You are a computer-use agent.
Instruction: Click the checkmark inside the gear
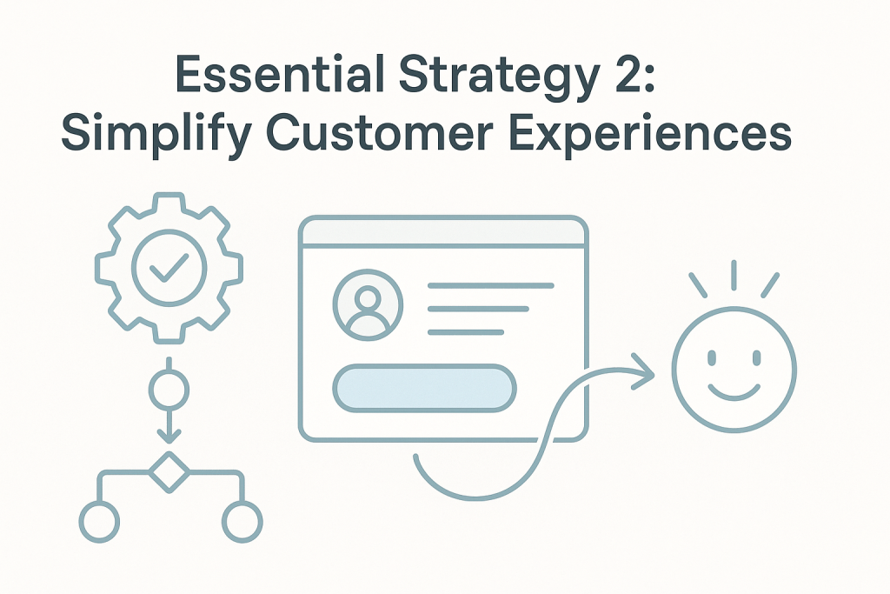pyautogui.click(x=169, y=268)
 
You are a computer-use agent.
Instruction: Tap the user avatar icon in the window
pyautogui.click(x=368, y=305)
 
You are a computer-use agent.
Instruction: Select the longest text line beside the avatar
pyautogui.click(x=491, y=285)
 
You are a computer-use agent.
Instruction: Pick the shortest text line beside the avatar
pyautogui.click(x=466, y=332)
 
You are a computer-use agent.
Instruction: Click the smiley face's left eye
pyautogui.click(x=712, y=357)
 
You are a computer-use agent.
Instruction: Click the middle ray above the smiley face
pyautogui.click(x=734, y=276)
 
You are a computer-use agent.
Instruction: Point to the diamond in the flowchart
pyautogui.click(x=169, y=472)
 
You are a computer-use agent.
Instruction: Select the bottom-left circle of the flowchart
pyautogui.click(x=99, y=522)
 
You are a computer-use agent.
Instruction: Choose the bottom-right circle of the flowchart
pyautogui.click(x=242, y=522)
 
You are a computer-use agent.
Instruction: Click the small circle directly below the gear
pyautogui.click(x=169, y=390)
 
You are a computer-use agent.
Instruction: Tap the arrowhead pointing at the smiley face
pyautogui.click(x=644, y=372)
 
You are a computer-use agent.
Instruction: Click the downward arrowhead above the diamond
pyautogui.click(x=169, y=436)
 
